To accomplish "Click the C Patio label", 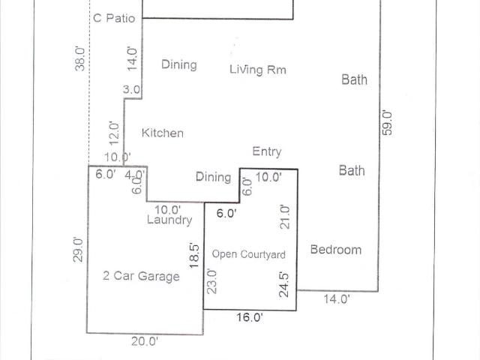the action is pos(114,18).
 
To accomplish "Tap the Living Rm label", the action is pos(258,70).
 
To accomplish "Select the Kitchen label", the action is pos(163,133).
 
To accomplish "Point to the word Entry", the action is pos(267,151).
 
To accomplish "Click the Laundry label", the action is pos(169,220).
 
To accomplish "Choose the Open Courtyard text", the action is pos(248,254).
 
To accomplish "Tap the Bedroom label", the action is pos(336,250).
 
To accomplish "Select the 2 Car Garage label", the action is pos(141,276).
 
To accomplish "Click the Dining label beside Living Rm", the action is pos(179,64).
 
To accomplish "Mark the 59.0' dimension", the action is pos(387,123).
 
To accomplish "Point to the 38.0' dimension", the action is pos(80,58).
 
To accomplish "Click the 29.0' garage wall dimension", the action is pos(78,250).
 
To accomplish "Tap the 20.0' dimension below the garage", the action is pos(145,341).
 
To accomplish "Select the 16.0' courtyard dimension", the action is pos(250,317).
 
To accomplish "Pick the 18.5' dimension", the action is pos(194,256).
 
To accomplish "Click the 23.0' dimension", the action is pos(211,281).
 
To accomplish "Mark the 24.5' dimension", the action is pos(283,285).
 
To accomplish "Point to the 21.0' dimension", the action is pos(284,217).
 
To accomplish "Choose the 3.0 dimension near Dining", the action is pos(132,90).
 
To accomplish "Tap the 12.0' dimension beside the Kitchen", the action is pos(114,133).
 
